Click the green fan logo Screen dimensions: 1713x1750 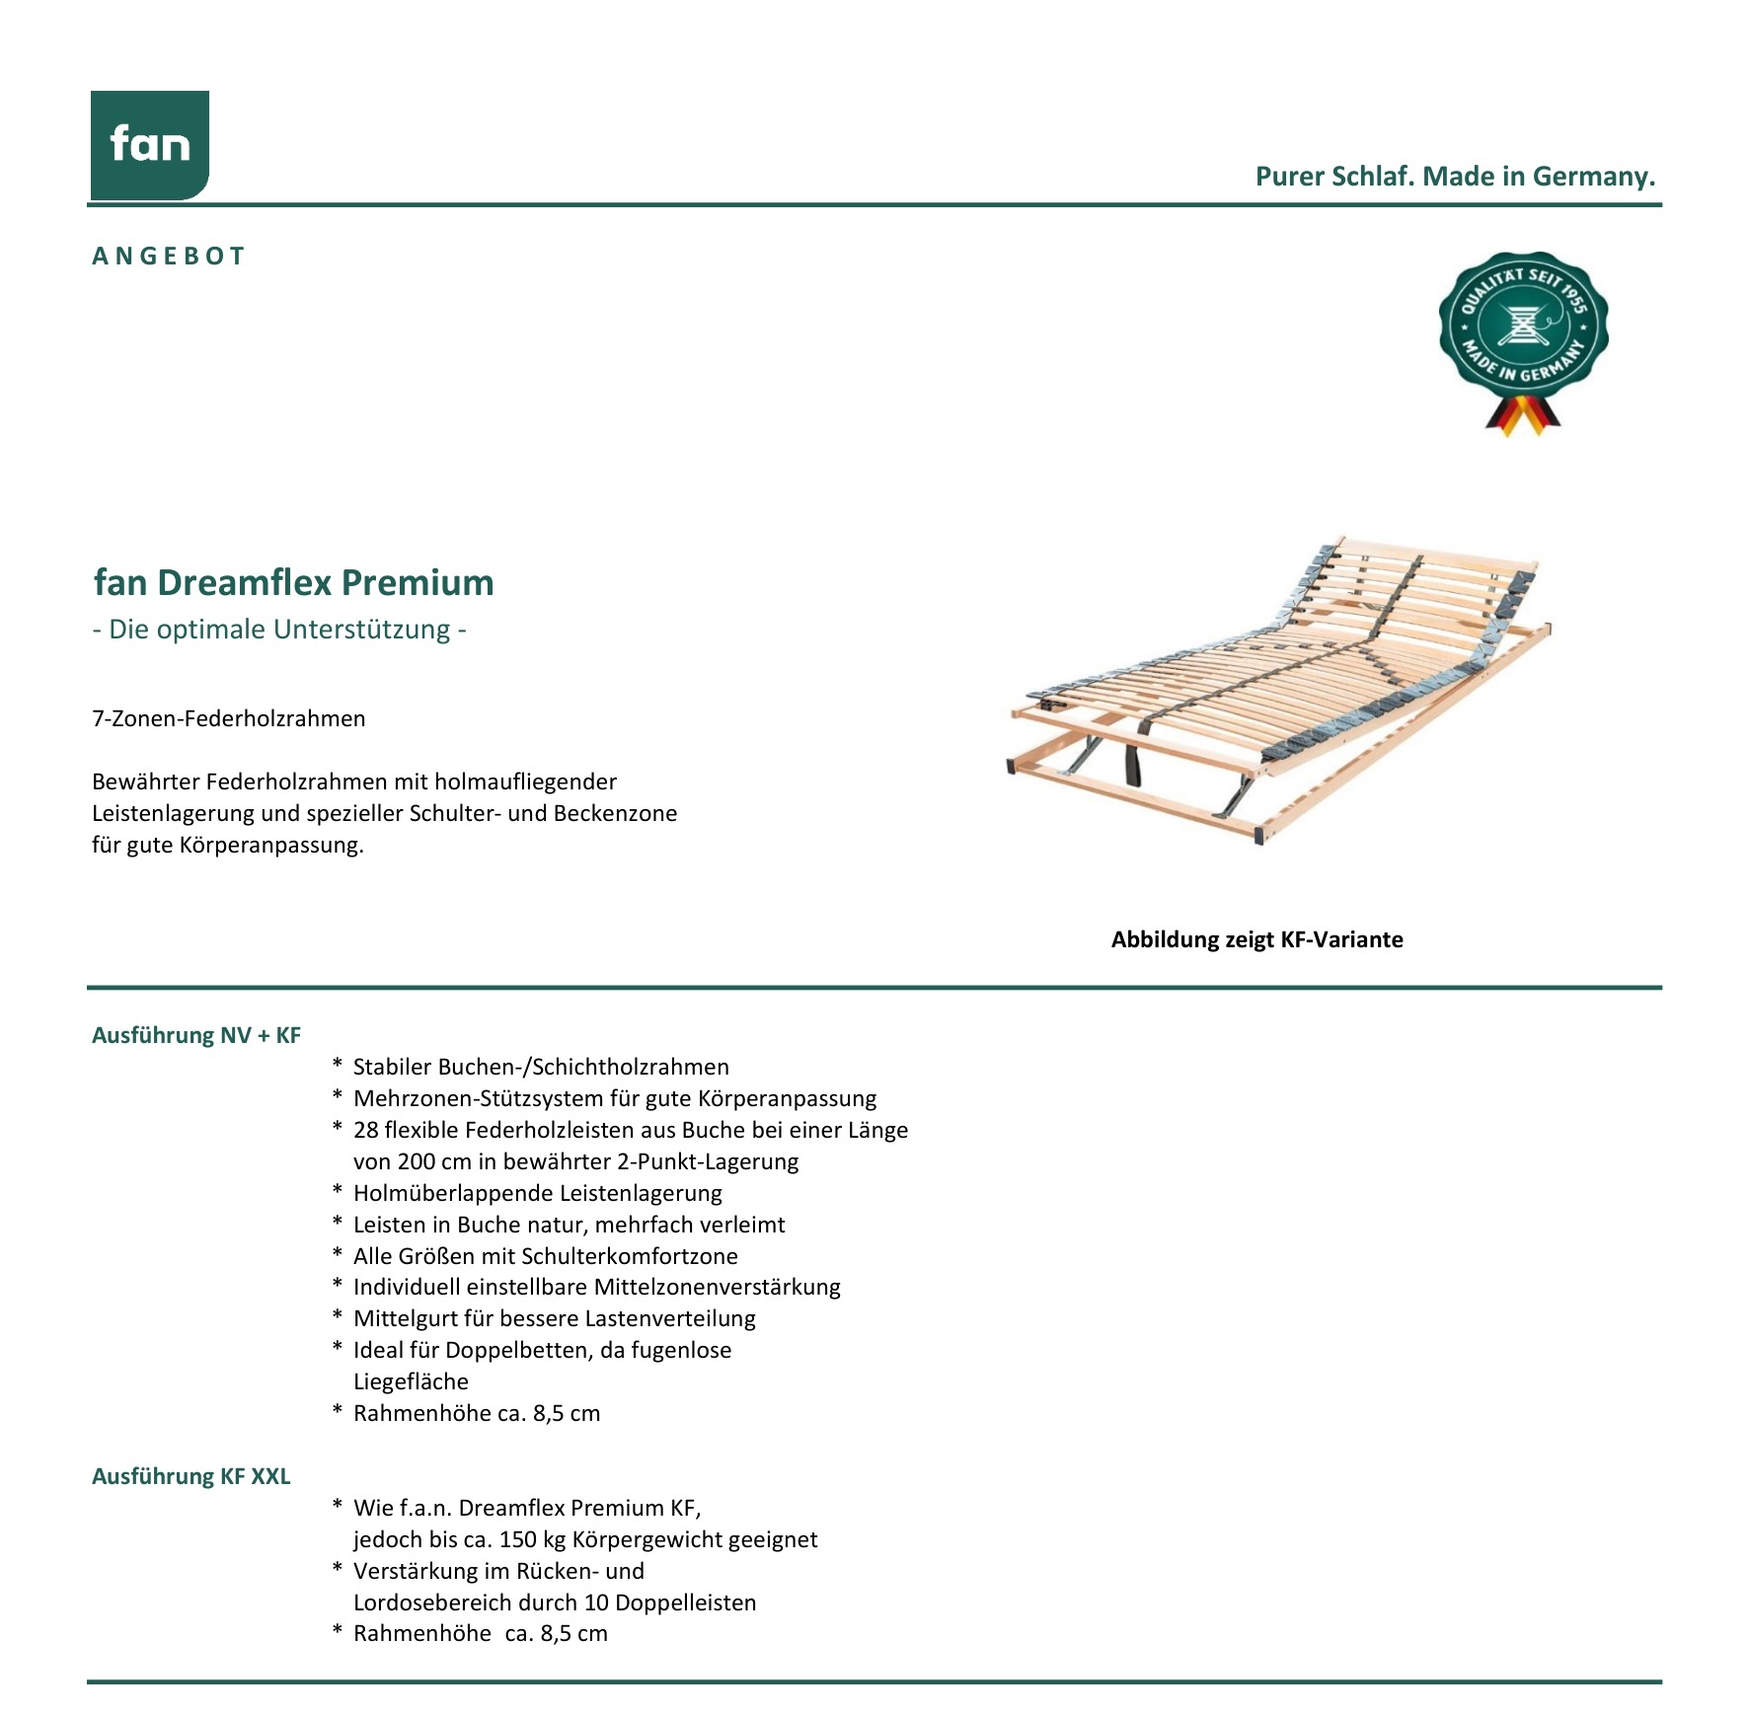pyautogui.click(x=150, y=145)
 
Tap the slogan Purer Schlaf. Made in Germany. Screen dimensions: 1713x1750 pyautogui.click(x=1455, y=177)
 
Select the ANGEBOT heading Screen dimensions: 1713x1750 pyautogui.click(x=169, y=257)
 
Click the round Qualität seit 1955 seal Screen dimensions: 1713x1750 pyautogui.click(x=1522, y=325)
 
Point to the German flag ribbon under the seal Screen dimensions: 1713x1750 pyautogui.click(x=1523, y=415)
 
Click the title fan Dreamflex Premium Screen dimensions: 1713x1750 pyautogui.click(x=293, y=582)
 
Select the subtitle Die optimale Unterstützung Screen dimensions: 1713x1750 pyautogui.click(x=279, y=630)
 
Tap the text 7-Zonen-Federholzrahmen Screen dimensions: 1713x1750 pyautogui.click(x=228, y=718)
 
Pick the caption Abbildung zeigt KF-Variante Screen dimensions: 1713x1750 pyautogui.click(x=1256, y=939)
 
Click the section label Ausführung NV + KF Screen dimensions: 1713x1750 pyautogui.click(x=195, y=1035)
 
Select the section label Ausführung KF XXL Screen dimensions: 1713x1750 pyautogui.click(x=190, y=1476)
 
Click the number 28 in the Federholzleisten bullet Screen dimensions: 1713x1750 pyautogui.click(x=365, y=1130)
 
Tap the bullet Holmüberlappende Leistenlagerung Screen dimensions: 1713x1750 pyautogui.click(x=537, y=1193)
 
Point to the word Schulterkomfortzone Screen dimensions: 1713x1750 pyautogui.click(x=629, y=1256)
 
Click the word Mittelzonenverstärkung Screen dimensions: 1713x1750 pyautogui.click(x=717, y=1287)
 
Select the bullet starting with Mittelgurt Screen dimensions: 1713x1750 pyautogui.click(x=554, y=1318)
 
